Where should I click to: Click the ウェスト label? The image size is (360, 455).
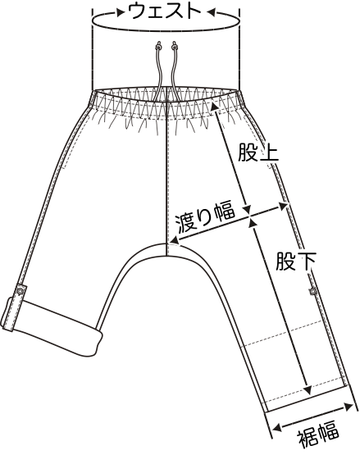165,11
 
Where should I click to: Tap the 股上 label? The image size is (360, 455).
258,152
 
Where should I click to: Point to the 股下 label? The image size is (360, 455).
295,262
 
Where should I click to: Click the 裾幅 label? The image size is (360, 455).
318,435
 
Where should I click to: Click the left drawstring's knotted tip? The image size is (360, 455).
158,45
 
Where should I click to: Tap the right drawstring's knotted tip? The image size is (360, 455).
174,45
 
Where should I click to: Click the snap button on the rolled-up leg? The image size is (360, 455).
21,291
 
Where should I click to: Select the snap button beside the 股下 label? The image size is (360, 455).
313,290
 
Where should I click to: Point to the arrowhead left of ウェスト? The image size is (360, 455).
120,12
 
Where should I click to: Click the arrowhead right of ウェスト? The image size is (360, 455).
211,12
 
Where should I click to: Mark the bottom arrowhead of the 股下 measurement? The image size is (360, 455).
308,389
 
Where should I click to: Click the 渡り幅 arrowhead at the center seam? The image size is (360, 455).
175,240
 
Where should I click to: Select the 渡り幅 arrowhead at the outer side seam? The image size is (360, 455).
283,207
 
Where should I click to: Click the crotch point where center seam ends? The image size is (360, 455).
166,255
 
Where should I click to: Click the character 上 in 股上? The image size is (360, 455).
269,152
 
